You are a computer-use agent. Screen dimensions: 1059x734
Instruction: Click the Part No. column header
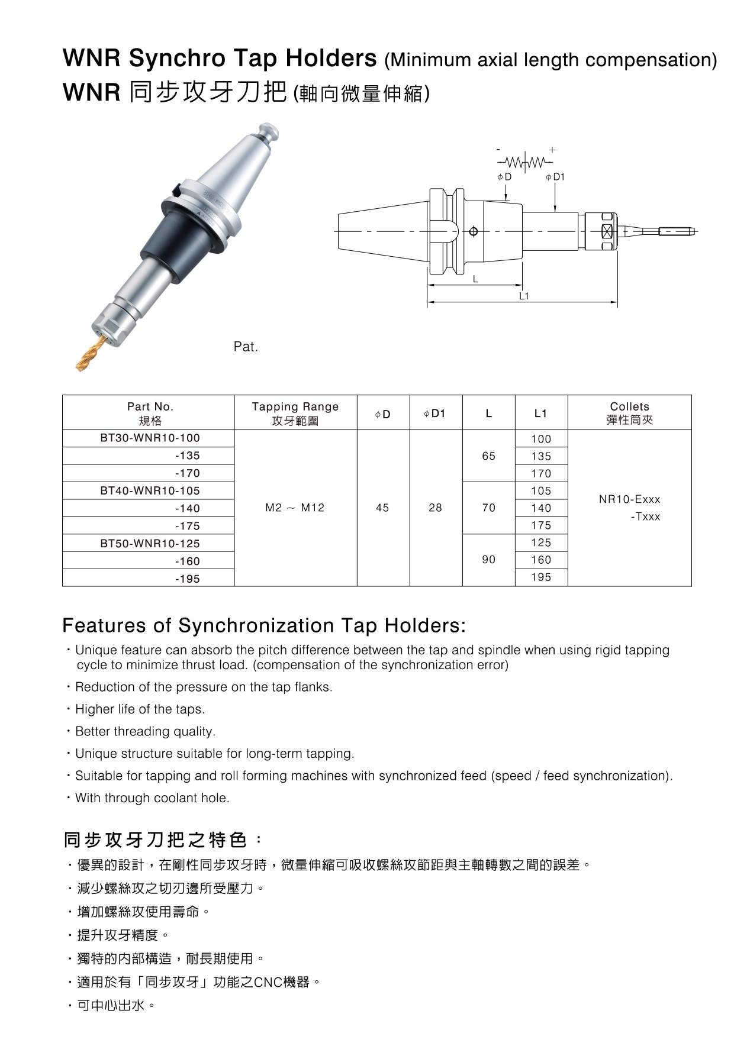click(x=150, y=413)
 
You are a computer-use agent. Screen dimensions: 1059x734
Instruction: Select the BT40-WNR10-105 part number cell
click(x=150, y=490)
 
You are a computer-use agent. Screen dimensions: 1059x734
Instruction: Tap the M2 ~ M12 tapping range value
click(x=295, y=508)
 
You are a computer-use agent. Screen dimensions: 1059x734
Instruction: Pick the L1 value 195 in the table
click(x=541, y=577)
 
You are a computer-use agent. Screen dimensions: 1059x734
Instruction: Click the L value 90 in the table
click(x=488, y=560)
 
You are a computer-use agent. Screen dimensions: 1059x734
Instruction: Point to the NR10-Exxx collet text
click(x=629, y=499)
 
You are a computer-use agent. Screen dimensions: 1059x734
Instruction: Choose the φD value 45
click(x=382, y=508)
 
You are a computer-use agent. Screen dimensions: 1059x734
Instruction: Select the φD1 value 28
click(x=435, y=508)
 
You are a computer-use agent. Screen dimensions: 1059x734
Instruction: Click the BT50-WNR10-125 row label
click(x=150, y=543)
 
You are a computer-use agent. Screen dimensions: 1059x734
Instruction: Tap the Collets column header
click(x=629, y=413)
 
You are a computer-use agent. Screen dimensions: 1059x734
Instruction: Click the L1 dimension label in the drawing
click(x=523, y=296)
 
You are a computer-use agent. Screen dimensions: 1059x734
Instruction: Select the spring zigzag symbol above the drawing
click(x=525, y=162)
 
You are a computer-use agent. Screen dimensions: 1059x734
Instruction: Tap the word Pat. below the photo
click(x=246, y=347)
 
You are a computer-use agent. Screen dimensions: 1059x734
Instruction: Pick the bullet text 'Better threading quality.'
click(x=145, y=731)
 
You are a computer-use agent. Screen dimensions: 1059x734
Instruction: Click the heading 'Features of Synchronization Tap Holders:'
click(x=264, y=625)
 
